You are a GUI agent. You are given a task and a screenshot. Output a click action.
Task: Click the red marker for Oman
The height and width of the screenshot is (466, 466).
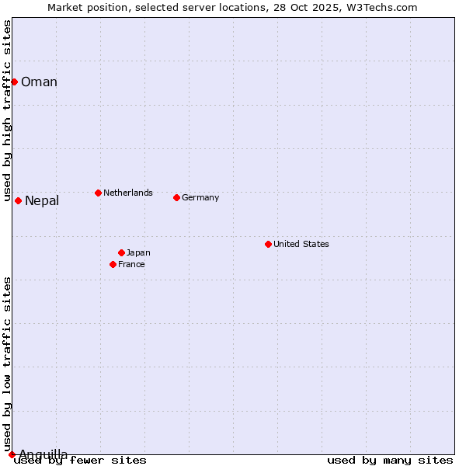pyautogui.click(x=14, y=82)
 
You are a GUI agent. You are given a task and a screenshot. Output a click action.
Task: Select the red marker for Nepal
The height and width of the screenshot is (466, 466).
pyautogui.click(x=18, y=200)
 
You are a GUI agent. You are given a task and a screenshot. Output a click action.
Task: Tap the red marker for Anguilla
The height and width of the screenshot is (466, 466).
pyautogui.click(x=12, y=454)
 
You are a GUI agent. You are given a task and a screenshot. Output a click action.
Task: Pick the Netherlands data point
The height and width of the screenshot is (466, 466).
pyautogui.click(x=98, y=193)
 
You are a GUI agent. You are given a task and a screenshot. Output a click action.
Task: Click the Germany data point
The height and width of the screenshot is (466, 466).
pyautogui.click(x=176, y=197)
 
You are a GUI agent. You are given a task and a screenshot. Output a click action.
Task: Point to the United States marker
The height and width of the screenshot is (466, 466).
pyautogui.click(x=268, y=244)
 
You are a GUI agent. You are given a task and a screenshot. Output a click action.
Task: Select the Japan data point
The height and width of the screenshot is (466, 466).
pyautogui.click(x=121, y=252)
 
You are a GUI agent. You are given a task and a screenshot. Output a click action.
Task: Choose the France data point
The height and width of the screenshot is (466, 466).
pyautogui.click(x=113, y=264)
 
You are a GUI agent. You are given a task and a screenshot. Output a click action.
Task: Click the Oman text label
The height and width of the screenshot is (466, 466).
pyautogui.click(x=39, y=82)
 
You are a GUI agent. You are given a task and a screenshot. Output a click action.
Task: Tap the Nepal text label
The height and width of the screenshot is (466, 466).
pyautogui.click(x=42, y=201)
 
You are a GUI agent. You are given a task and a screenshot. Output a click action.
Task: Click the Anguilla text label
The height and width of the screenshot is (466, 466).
pyautogui.click(x=43, y=454)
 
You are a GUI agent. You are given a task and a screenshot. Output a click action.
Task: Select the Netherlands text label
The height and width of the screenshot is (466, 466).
pyautogui.click(x=128, y=193)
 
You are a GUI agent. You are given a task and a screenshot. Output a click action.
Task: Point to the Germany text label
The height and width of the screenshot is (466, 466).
pyautogui.click(x=200, y=197)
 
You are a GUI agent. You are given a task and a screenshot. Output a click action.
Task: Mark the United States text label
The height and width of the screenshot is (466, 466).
pyautogui.click(x=301, y=244)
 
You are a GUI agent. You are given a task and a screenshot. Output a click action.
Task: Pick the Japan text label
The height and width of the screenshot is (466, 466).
pyautogui.click(x=138, y=252)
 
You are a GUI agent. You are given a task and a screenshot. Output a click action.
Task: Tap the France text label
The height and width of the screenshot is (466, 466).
pyautogui.click(x=131, y=264)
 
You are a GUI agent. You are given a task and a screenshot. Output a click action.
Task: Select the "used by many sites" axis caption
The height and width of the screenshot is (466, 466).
pyautogui.click(x=390, y=461)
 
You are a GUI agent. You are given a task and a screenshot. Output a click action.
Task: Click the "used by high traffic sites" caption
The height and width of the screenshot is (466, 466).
pyautogui.click(x=7, y=110)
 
